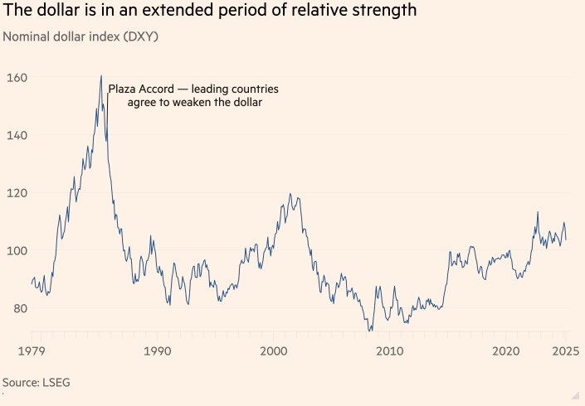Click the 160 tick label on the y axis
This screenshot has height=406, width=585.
tap(17, 77)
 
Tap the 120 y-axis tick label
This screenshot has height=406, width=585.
tap(17, 192)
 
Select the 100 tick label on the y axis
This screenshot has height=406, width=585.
tap(17, 250)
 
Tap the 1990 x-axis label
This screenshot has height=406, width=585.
tap(157, 351)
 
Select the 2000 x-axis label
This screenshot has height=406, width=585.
tap(274, 351)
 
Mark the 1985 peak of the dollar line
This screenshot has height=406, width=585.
tap(101, 75)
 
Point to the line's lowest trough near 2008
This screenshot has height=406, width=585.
tap(370, 331)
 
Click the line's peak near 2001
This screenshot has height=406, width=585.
tap(290, 194)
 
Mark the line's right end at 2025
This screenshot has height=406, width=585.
tap(566, 239)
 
